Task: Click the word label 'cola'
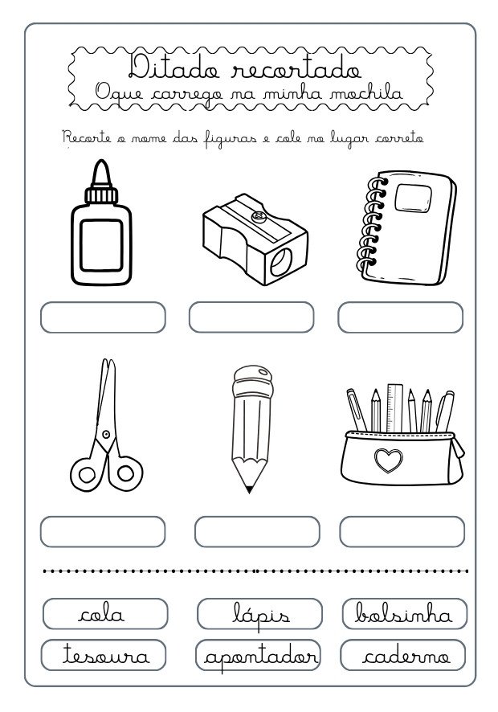[102, 615]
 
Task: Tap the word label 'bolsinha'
[404, 615]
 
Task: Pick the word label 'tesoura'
[102, 655]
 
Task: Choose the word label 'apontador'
[258, 655]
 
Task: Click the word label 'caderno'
[404, 655]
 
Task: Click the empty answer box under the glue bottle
[103, 317]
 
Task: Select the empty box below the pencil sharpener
[251, 317]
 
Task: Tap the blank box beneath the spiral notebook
[400, 317]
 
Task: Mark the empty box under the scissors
[103, 531]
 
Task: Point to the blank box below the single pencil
[257, 531]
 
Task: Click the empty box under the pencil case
[402, 531]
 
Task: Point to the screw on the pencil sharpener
[259, 216]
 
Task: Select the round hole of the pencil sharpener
[284, 261]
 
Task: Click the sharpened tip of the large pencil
[249, 488]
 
